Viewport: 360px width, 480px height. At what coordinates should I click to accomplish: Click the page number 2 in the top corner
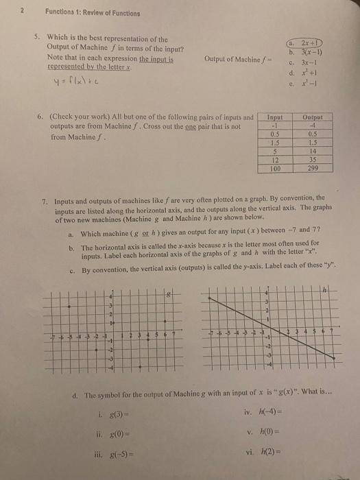tap(23, 12)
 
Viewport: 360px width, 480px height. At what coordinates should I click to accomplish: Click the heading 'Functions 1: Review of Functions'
tap(93, 13)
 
